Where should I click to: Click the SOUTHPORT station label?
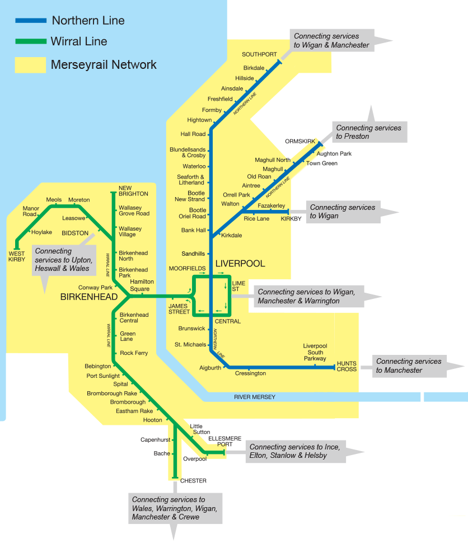[259, 54]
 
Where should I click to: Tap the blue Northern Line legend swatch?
[31, 21]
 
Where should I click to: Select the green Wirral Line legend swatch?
[31, 41]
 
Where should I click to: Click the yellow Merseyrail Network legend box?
[30, 64]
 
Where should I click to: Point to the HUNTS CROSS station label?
[347, 366]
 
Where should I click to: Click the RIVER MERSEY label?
[255, 397]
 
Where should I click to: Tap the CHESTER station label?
[193, 481]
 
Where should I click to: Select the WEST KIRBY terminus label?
[17, 256]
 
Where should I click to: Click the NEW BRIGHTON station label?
[133, 190]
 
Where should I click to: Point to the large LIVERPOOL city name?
[240, 263]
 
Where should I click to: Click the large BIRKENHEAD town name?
[88, 297]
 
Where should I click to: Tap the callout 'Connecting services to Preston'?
[368, 132]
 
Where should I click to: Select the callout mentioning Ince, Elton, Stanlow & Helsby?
[294, 451]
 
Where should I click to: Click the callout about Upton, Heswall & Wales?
[62, 260]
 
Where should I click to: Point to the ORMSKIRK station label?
[301, 141]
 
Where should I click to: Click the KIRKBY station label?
[291, 219]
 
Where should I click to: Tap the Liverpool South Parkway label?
[315, 352]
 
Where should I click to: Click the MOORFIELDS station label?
[187, 269]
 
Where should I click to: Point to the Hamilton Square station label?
[142, 285]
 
